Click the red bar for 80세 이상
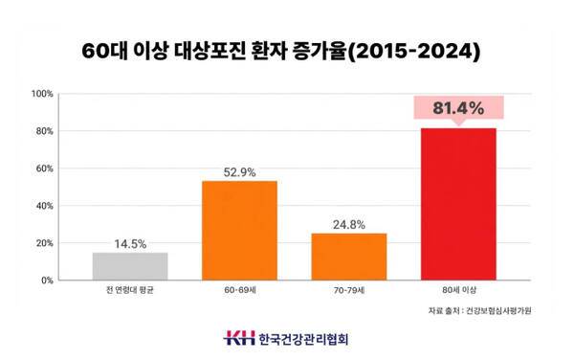click(458, 204)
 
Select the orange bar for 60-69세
click(238, 231)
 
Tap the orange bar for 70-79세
click(348, 257)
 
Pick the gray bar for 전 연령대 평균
click(129, 266)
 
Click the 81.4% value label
click(458, 107)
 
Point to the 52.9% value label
click(238, 170)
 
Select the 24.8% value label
click(348, 223)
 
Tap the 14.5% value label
click(129, 243)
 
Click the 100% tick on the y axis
click(42, 94)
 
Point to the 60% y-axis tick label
click(44, 169)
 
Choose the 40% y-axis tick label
click(44, 206)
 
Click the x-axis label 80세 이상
click(458, 291)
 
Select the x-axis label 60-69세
click(238, 291)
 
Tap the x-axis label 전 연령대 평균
click(129, 291)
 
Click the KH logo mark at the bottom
click(238, 338)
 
